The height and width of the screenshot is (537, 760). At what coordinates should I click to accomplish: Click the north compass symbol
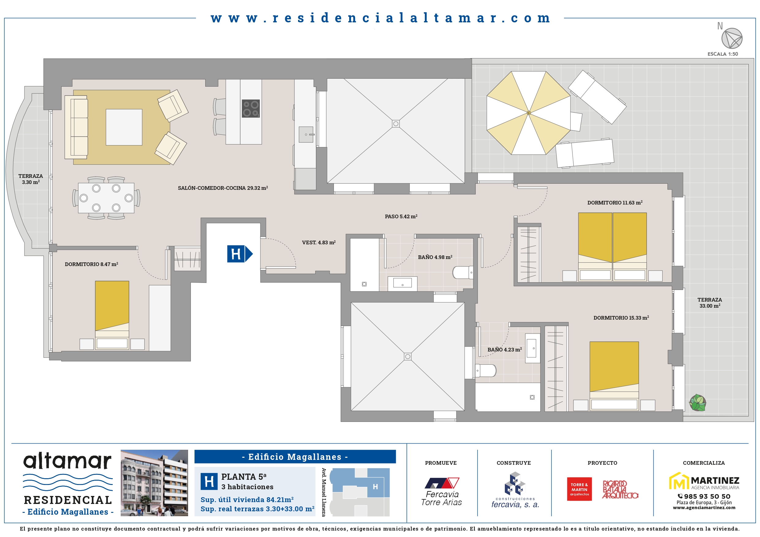[732, 38]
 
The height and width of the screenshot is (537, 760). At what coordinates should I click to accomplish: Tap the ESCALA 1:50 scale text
[723, 54]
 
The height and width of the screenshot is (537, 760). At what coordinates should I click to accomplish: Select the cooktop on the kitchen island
[251, 108]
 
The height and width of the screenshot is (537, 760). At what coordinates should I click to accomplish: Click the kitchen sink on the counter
[306, 134]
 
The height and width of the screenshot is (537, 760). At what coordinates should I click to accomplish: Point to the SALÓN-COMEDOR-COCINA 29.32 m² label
[223, 188]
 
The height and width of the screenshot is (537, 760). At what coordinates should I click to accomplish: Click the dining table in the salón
[106, 198]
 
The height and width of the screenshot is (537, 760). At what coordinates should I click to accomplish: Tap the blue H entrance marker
[240, 254]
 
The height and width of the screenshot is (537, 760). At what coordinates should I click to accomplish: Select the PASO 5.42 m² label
[401, 216]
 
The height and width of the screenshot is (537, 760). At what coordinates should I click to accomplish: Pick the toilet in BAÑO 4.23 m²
[486, 370]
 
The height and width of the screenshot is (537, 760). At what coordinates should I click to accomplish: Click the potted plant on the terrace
[697, 403]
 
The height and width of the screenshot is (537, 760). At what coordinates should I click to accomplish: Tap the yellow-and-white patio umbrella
[529, 113]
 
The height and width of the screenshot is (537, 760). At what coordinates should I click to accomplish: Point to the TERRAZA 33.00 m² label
[710, 303]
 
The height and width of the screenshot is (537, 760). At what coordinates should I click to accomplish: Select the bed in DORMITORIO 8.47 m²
[112, 315]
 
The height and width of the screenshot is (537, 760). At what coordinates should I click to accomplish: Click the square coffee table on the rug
[124, 127]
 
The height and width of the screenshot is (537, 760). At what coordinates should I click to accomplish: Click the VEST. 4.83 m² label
[319, 242]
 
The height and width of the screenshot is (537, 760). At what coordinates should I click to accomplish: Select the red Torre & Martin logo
[579, 489]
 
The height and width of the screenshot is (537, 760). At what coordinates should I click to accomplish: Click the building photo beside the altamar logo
[154, 483]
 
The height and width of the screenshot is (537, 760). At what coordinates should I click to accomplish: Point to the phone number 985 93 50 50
[704, 496]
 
